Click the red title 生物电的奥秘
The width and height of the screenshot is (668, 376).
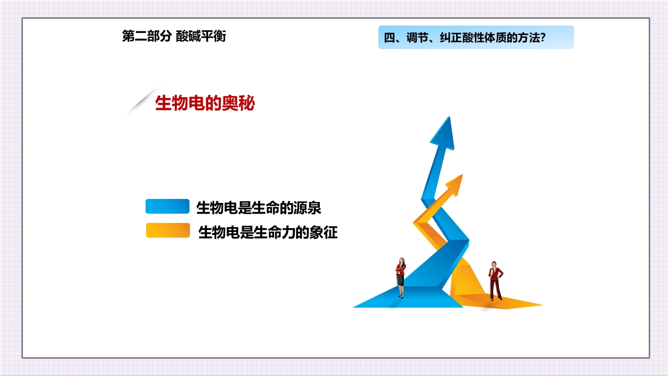pos(205,103)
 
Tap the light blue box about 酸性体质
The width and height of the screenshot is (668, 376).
pos(475,38)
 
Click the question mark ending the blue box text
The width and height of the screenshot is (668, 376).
pos(543,38)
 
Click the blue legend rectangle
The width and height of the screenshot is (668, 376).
pos(167,207)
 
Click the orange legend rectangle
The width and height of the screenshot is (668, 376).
pos(168,231)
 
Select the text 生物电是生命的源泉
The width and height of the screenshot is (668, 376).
pos(258,208)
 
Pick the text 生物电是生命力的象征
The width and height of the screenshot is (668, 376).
pos(268,232)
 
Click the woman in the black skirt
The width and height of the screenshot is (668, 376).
pos(400,277)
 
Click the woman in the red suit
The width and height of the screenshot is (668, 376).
pos(495,282)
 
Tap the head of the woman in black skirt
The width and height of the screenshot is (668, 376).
pos(401,260)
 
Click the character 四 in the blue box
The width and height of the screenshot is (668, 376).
pos(388,38)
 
